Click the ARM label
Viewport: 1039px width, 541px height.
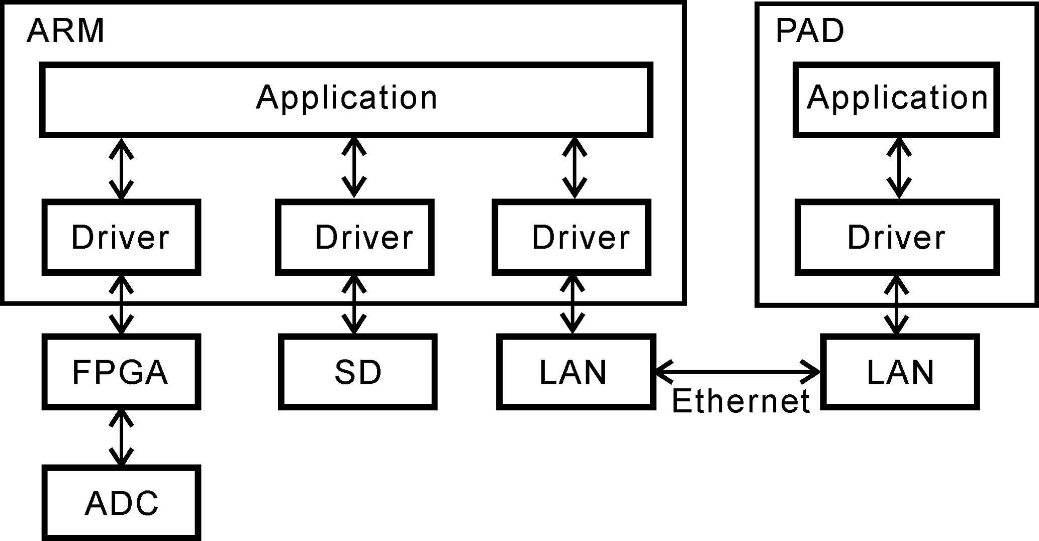[65, 31]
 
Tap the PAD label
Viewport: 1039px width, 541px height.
[809, 31]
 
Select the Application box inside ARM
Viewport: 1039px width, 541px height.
[346, 99]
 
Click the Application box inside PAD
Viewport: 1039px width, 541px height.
[897, 99]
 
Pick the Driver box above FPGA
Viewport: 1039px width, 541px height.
[121, 237]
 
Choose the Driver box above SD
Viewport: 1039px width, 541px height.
[355, 237]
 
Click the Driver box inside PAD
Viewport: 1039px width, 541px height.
[897, 237]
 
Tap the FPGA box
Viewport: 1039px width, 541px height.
[121, 372]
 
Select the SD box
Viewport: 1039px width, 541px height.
[357, 372]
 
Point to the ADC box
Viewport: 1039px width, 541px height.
[121, 502]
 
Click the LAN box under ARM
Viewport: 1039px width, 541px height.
[576, 372]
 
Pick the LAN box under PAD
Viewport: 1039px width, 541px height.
[900, 372]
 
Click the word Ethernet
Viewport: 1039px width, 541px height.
[740, 401]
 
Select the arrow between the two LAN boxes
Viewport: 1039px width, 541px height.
[738, 372]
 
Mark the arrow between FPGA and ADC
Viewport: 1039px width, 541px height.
[121, 438]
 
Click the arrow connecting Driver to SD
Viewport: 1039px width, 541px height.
[354, 304]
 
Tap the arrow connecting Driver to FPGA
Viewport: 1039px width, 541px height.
[121, 304]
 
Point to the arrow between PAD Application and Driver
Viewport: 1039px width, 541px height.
[899, 168]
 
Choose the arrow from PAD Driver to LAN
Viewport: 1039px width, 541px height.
[897, 304]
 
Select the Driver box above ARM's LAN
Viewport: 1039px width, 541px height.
[572, 237]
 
